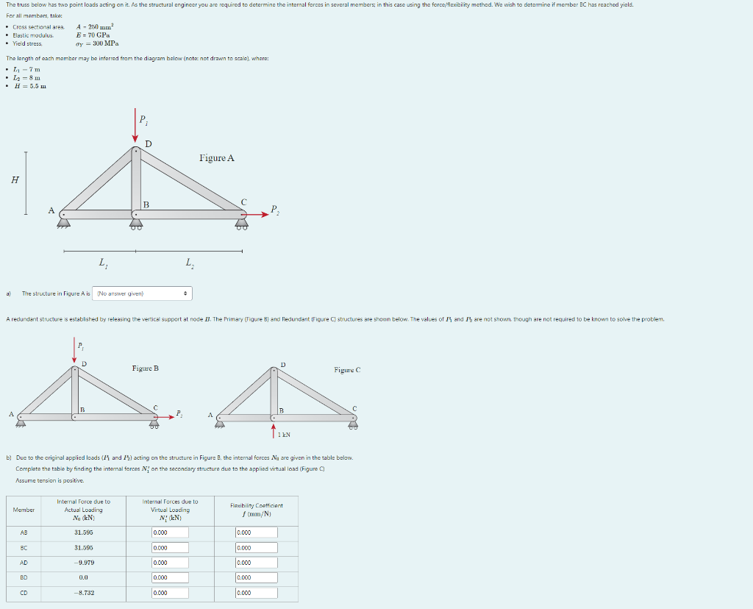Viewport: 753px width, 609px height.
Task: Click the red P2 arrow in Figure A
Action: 257,215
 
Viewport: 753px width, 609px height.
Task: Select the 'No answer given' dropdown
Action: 144,293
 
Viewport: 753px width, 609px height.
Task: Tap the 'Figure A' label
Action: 216,158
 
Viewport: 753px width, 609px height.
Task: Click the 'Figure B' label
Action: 145,368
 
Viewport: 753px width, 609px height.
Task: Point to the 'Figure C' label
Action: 347,370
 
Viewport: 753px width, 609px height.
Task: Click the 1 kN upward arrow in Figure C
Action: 274,429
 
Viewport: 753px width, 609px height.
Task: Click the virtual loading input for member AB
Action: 170,533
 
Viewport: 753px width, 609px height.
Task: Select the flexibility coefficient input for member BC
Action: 256,548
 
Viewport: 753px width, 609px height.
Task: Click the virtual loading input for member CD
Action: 170,593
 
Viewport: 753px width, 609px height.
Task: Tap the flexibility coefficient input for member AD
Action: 256,563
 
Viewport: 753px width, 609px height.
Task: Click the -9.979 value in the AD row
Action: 84,563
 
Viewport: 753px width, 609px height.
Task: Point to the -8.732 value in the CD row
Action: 84,593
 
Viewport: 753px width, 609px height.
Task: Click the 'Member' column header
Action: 24,509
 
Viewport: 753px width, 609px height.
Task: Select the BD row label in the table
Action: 24,578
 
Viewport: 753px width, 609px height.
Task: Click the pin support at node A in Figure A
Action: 65,219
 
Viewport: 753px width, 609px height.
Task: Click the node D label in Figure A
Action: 149,143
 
